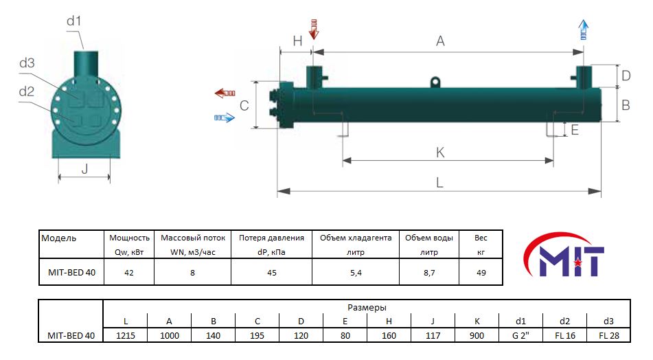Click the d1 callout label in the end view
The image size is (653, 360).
pyautogui.click(x=73, y=21)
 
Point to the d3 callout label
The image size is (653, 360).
pyautogui.click(x=27, y=63)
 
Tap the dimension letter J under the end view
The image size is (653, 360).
pyautogui.click(x=84, y=169)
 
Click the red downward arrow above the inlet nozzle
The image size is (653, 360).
pyautogui.click(x=314, y=29)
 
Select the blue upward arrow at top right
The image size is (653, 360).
pyautogui.click(x=584, y=30)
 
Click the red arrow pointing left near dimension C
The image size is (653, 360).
pyautogui.click(x=225, y=93)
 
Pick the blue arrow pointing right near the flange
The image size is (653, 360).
pyautogui.click(x=225, y=118)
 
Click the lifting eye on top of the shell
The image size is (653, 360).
pyautogui.click(x=435, y=82)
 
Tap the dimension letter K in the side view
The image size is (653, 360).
pyautogui.click(x=440, y=153)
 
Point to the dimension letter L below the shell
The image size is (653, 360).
pyautogui.click(x=439, y=183)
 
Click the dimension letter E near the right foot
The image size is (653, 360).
pyautogui.click(x=575, y=130)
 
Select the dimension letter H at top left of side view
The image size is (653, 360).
pyautogui.click(x=297, y=41)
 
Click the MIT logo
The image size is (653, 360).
pyautogui.click(x=564, y=256)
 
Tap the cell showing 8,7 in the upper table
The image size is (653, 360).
pyautogui.click(x=429, y=273)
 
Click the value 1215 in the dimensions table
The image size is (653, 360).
pyautogui.click(x=126, y=335)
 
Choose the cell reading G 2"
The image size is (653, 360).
pyautogui.click(x=520, y=335)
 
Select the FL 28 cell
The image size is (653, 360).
pyautogui.click(x=609, y=335)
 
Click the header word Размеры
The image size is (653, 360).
pyautogui.click(x=367, y=308)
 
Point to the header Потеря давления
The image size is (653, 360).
pyautogui.click(x=271, y=238)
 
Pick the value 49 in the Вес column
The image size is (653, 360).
pyautogui.click(x=481, y=273)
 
